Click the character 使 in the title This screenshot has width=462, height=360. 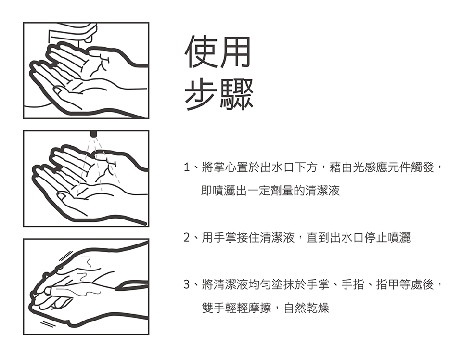[x=201, y=52]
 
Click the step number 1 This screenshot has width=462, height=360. [x=187, y=167]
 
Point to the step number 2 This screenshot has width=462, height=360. [x=187, y=237]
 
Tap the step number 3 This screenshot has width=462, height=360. [x=187, y=284]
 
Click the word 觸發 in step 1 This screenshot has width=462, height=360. [x=422, y=167]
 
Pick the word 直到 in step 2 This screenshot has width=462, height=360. [x=318, y=237]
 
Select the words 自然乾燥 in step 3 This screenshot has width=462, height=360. [x=307, y=308]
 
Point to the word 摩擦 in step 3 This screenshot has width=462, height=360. [x=259, y=308]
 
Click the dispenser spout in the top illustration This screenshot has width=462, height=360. [x=89, y=37]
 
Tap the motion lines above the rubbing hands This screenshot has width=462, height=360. [x=65, y=256]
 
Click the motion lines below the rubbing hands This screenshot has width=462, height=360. [x=47, y=323]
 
